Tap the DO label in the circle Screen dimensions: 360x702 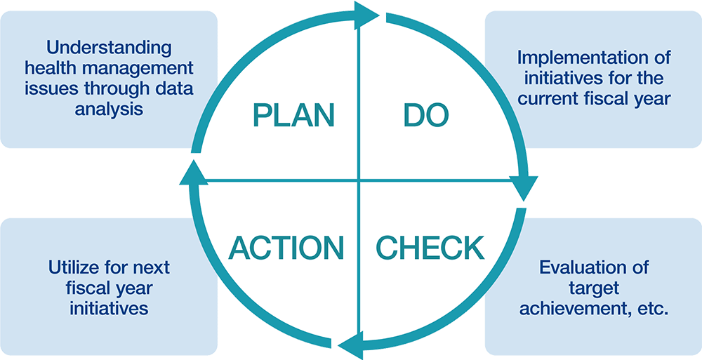pos(426,116)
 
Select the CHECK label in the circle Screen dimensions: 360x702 pos(430,248)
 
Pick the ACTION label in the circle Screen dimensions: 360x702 pos(287,248)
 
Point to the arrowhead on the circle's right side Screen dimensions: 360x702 pos(525,188)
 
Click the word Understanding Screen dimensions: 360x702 pos(108,48)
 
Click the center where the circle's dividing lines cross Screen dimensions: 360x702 pos(359,181)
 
